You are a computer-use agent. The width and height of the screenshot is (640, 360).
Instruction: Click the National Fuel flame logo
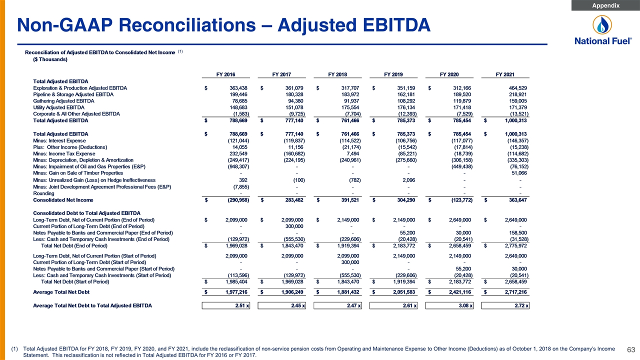click(x=602, y=25)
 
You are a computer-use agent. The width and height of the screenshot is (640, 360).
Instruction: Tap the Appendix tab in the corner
click(x=605, y=5)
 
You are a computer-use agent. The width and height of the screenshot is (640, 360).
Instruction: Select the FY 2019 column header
click(x=393, y=74)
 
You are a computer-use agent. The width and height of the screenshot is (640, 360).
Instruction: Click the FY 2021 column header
click(x=505, y=74)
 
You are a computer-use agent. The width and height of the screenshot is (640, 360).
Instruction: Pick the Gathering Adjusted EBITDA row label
click(x=63, y=101)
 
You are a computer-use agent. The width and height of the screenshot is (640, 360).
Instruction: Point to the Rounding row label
click(x=43, y=193)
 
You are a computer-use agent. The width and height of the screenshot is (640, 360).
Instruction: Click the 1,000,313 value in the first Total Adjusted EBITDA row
click(x=515, y=120)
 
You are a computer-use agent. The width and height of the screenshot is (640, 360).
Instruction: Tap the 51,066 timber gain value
click(x=519, y=173)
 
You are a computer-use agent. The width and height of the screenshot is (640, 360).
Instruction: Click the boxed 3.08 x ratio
click(x=449, y=305)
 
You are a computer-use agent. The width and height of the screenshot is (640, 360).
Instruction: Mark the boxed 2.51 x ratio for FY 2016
click(x=225, y=305)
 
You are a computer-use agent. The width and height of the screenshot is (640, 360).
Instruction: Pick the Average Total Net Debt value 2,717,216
click(x=515, y=292)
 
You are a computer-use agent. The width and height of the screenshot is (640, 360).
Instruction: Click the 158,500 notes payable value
click(x=518, y=232)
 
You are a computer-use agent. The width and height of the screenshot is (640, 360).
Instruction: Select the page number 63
click(x=631, y=349)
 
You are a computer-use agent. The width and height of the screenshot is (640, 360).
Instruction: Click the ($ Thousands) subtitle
click(x=50, y=59)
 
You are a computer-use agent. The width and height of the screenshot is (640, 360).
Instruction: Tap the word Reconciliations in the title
click(x=187, y=25)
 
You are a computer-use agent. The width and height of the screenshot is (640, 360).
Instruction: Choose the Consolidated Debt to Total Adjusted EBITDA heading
click(x=86, y=213)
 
